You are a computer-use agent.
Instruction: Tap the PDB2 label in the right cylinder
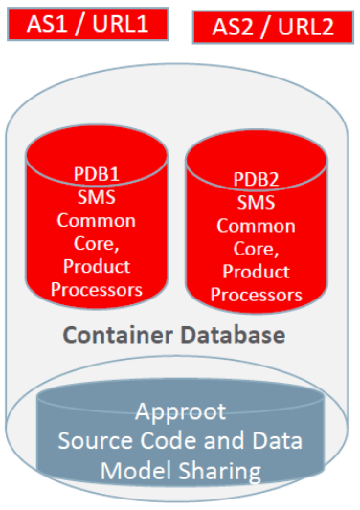(256, 180)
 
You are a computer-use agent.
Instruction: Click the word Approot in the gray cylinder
(180, 412)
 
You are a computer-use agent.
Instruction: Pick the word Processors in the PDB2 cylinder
(256, 295)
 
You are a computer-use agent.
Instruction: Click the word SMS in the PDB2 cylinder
(256, 203)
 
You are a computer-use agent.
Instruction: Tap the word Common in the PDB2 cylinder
(256, 226)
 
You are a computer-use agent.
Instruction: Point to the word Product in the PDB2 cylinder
(256, 272)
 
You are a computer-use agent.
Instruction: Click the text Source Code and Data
(180, 441)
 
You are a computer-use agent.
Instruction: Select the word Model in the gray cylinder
(132, 470)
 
